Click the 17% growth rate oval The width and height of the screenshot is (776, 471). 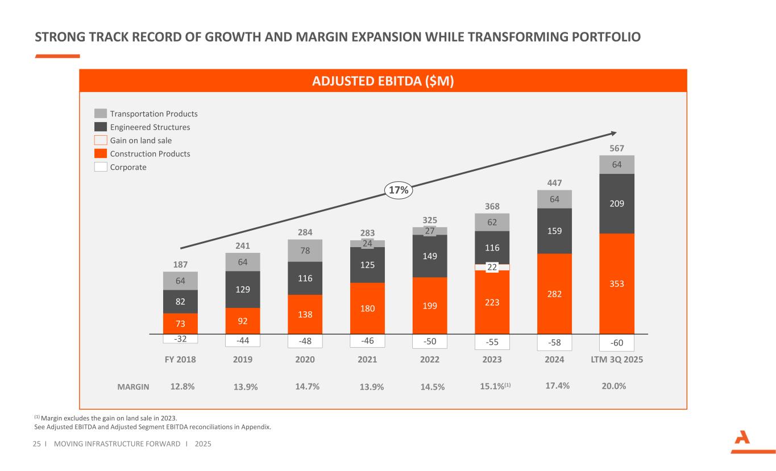click(399, 190)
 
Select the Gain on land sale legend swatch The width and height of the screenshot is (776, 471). click(101, 140)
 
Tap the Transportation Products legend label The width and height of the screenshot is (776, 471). click(153, 114)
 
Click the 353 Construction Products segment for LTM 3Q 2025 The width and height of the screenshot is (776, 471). click(617, 283)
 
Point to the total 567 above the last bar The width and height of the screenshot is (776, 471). click(617, 149)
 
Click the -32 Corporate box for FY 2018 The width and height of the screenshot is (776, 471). click(180, 339)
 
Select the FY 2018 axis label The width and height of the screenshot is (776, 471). click(180, 360)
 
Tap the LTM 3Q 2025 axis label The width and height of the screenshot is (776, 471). click(617, 360)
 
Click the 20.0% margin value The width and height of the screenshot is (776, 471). click(613, 386)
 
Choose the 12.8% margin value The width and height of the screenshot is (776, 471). click(182, 386)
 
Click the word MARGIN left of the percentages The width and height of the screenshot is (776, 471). click(133, 387)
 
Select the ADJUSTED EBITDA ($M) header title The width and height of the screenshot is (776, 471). click(383, 81)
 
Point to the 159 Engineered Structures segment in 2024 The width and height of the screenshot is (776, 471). click(554, 231)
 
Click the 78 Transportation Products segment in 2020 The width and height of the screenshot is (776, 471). click(305, 251)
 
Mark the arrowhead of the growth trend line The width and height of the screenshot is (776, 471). click(613, 134)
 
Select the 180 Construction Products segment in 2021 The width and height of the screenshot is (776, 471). click(367, 308)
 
